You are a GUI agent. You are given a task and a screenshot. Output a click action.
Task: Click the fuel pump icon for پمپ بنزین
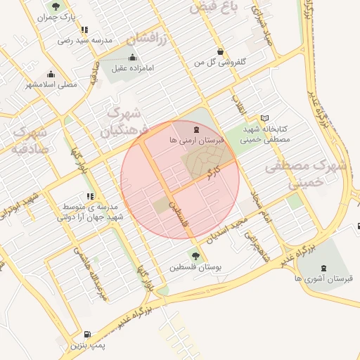coord(86,335)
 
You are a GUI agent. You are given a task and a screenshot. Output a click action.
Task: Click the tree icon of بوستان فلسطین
coord(195,256)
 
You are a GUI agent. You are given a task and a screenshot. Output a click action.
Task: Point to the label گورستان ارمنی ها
coord(196,141)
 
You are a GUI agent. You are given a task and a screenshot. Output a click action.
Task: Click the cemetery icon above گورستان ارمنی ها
coord(196,129)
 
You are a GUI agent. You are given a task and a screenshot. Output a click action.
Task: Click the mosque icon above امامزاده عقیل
coord(133,58)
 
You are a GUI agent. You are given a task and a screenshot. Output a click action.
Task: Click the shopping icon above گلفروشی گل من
coord(221,51)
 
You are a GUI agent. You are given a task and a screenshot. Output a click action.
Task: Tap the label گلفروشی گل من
coord(220,63)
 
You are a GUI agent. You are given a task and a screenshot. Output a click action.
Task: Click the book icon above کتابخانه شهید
coord(264,118)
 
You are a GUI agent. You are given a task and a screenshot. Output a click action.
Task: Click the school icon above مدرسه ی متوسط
coord(89,196)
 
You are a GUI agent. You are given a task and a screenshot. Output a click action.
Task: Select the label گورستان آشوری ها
coord(323,279)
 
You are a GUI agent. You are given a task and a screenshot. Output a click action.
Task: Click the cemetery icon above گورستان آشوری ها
coord(323,268)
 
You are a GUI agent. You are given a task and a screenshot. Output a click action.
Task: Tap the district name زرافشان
coord(148,39)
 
